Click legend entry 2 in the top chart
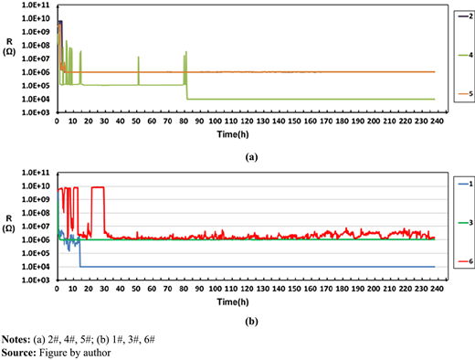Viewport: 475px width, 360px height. click(x=466, y=16)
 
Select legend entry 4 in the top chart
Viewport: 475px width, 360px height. click(x=466, y=55)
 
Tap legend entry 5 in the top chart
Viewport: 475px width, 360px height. click(x=466, y=94)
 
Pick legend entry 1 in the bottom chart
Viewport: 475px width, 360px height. click(x=466, y=184)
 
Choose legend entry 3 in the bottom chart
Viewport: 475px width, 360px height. click(x=466, y=223)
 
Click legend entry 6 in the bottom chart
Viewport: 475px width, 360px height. click(x=466, y=261)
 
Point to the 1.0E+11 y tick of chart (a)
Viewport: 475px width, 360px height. click(x=36, y=5)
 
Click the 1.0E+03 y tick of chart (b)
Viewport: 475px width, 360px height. click(x=36, y=280)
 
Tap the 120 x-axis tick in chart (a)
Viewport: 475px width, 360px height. click(x=247, y=122)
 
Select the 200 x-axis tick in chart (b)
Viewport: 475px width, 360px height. click(x=374, y=289)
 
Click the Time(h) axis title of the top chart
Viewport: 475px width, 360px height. click(x=233, y=134)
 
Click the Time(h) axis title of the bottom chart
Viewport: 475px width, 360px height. click(x=233, y=302)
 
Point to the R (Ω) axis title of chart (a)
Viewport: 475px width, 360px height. click(x=9, y=47)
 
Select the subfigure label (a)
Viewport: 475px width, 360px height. click(x=251, y=157)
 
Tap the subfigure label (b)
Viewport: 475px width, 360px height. click(x=251, y=322)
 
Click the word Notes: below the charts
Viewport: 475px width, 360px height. click(x=16, y=339)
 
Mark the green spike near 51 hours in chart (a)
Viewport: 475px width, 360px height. click(x=139, y=70)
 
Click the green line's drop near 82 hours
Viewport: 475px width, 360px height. click(x=186, y=92)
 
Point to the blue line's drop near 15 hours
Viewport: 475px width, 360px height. click(x=80, y=252)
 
